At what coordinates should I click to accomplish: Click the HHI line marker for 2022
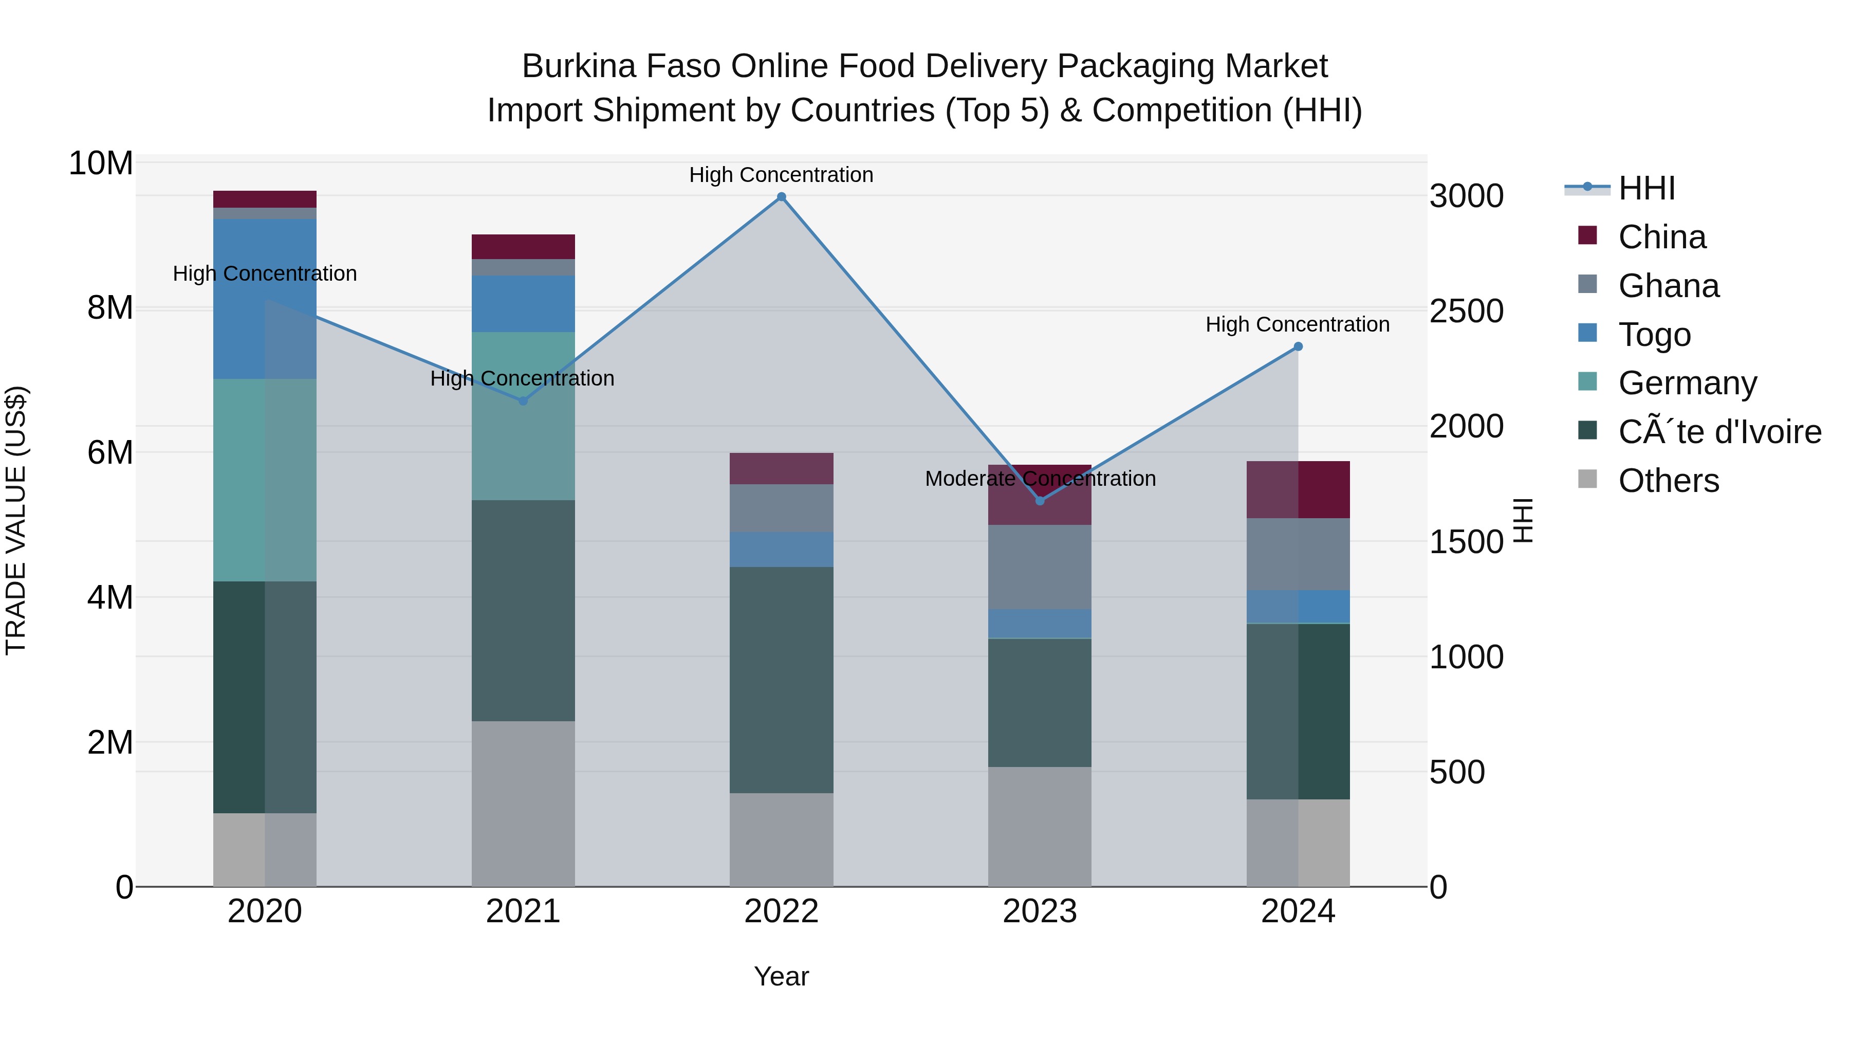pyautogui.click(x=781, y=197)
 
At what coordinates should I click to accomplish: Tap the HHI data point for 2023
pyautogui.click(x=1040, y=501)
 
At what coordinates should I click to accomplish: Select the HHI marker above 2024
pyautogui.click(x=1298, y=347)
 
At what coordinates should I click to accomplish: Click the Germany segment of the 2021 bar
pyautogui.click(x=523, y=415)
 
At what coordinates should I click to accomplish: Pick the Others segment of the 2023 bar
pyautogui.click(x=1040, y=826)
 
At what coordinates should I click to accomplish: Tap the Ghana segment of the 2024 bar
pyautogui.click(x=1298, y=554)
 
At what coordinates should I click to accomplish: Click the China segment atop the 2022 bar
pyautogui.click(x=781, y=468)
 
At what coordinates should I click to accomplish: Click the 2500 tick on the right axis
pyautogui.click(x=1466, y=311)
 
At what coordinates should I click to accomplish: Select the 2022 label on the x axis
pyautogui.click(x=781, y=911)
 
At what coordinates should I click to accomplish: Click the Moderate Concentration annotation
pyautogui.click(x=1040, y=479)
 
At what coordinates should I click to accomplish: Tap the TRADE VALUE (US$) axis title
pyautogui.click(x=16, y=520)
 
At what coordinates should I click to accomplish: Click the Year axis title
pyautogui.click(x=781, y=976)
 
